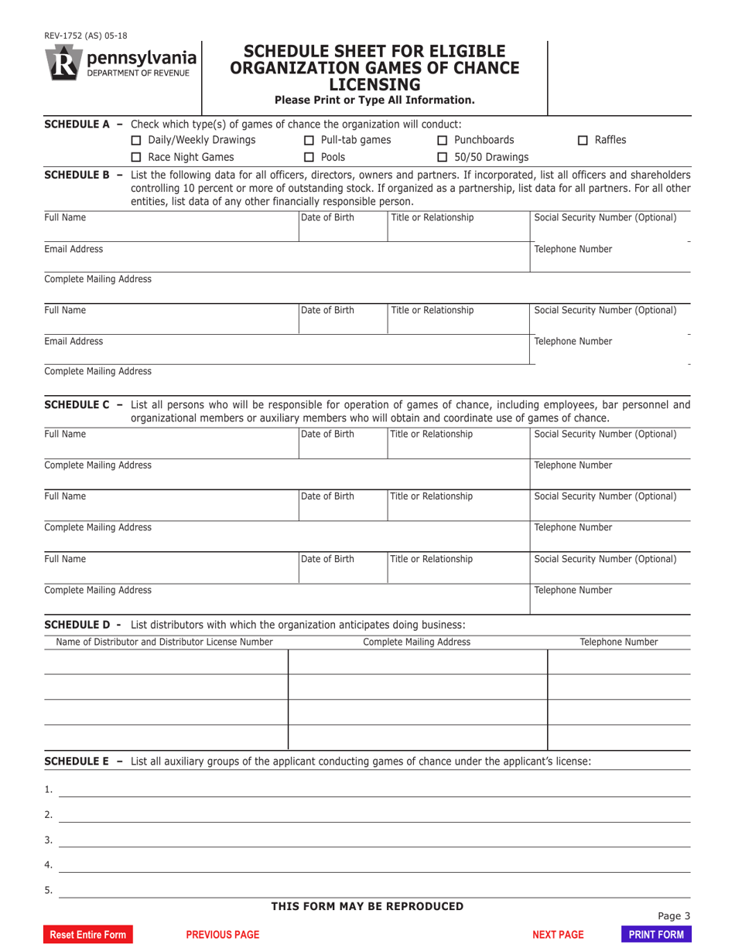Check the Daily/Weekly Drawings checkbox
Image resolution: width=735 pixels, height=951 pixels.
tap(136, 140)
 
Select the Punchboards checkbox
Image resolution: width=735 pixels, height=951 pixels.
tap(443, 140)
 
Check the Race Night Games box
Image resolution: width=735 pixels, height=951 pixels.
tap(136, 158)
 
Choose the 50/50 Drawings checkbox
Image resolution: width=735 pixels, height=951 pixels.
tap(443, 158)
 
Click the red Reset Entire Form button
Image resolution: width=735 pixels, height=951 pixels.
tap(87, 935)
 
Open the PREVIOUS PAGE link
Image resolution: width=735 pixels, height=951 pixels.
tap(223, 935)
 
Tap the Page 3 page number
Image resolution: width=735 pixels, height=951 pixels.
tap(673, 916)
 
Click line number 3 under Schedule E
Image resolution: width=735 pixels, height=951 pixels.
tap(48, 840)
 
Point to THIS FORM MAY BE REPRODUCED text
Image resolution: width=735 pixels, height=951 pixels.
tap(367, 906)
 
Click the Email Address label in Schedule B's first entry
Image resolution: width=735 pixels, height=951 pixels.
tap(73, 249)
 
